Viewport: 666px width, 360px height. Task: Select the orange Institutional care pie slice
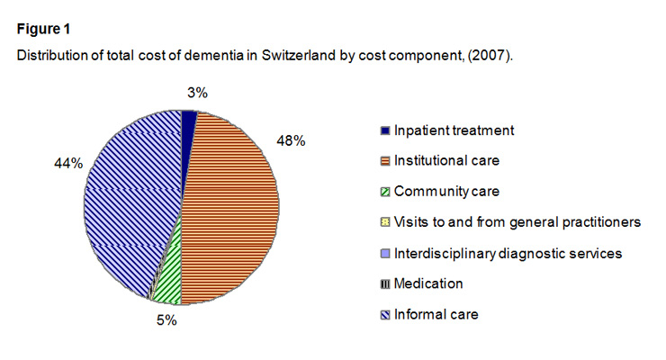229,207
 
